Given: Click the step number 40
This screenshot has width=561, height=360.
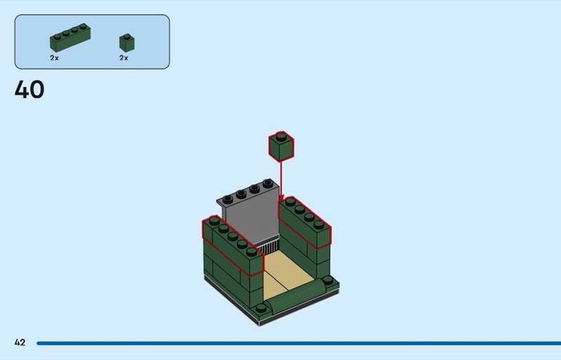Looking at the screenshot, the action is (29, 89).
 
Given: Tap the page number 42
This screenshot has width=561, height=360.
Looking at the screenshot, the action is (20, 342).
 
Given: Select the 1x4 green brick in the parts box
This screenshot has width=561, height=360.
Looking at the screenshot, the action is (70, 38).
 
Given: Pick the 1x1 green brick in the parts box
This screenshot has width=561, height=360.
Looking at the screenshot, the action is (127, 43).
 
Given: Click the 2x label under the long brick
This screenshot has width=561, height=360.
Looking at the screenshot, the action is (55, 58).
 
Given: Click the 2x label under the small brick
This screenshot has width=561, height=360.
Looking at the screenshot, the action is (124, 58).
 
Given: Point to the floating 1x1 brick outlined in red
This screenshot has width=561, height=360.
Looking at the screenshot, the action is (281, 147).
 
